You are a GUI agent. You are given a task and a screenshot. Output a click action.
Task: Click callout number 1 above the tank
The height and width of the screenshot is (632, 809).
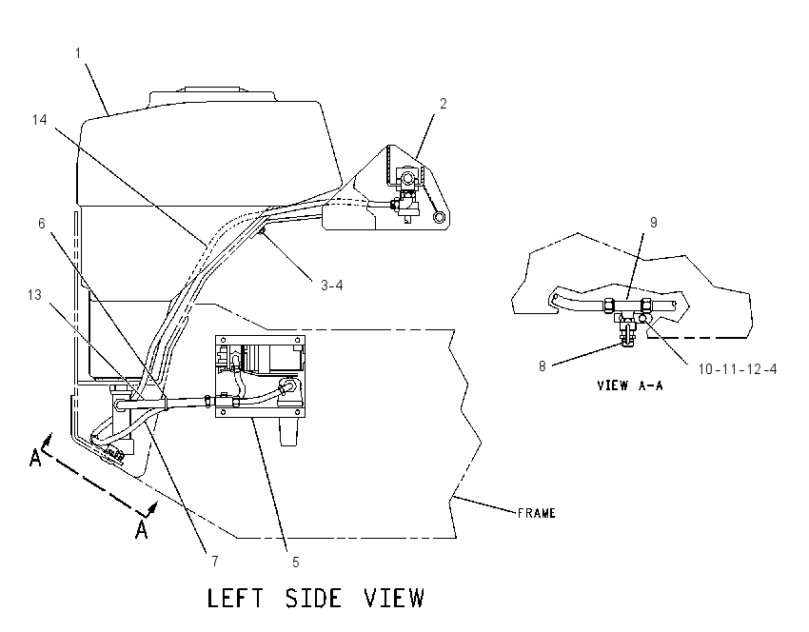click(78, 53)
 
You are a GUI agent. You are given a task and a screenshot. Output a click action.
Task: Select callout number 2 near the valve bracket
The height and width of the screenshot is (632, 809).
click(443, 104)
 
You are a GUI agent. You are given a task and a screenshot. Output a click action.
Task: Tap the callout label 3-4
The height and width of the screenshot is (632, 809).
click(331, 286)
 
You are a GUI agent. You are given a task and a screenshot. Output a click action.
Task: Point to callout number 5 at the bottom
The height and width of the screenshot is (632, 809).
click(296, 563)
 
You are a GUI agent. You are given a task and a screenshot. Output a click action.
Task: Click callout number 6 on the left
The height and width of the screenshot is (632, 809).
click(42, 224)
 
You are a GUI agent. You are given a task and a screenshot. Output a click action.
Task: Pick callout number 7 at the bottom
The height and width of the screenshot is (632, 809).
click(215, 561)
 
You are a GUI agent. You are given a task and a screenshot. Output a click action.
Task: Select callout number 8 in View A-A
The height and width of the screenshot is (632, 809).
click(543, 366)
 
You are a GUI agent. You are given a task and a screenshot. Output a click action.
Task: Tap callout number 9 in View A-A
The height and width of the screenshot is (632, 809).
click(653, 223)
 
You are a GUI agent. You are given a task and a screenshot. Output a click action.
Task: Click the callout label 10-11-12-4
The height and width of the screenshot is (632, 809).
click(738, 369)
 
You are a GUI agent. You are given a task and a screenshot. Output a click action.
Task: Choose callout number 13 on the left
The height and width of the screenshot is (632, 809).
click(34, 295)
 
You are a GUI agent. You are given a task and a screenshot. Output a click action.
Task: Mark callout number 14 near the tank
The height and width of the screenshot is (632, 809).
click(39, 120)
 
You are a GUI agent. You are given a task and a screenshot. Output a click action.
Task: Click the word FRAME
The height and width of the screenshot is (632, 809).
click(537, 513)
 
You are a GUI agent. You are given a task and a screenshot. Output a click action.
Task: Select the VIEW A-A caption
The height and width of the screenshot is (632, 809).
click(630, 385)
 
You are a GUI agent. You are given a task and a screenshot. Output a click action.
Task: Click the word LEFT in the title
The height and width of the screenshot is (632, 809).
click(235, 598)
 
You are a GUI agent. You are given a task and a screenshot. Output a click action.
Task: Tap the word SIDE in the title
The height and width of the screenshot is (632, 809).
click(313, 598)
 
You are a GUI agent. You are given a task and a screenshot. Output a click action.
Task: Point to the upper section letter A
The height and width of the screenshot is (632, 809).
click(35, 458)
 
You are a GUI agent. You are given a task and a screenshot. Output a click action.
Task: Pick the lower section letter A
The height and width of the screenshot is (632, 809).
click(142, 529)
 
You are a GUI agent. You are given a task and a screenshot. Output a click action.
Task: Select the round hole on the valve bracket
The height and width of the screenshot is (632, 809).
click(439, 217)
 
